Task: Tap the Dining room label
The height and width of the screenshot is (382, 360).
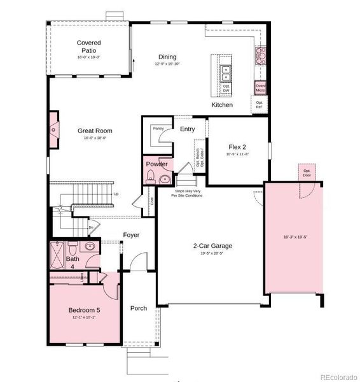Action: tap(167, 57)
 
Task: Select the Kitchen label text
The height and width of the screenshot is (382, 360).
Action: tap(222, 104)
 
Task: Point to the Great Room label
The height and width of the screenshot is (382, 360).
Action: tap(95, 131)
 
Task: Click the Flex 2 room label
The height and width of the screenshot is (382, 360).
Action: tap(237, 147)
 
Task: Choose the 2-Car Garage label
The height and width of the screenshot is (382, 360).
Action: tap(212, 246)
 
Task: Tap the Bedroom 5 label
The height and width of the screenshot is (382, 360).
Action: tap(85, 310)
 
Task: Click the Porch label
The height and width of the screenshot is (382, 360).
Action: tap(139, 308)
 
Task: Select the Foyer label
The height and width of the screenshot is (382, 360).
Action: tap(131, 235)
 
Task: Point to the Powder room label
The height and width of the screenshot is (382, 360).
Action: tap(156, 164)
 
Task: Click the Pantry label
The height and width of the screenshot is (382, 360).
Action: tap(158, 129)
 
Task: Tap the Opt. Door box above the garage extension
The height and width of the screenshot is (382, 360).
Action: tap(307, 172)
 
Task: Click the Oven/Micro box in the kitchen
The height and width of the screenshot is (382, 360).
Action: tap(260, 88)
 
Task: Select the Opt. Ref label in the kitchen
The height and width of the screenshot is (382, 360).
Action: tap(259, 104)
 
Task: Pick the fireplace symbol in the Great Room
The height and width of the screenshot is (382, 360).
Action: tap(55, 131)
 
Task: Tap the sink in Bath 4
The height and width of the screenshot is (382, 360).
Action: tap(90, 246)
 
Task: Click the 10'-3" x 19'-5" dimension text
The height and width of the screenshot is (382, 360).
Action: tap(296, 237)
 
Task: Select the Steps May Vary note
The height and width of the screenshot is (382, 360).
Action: tap(187, 193)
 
